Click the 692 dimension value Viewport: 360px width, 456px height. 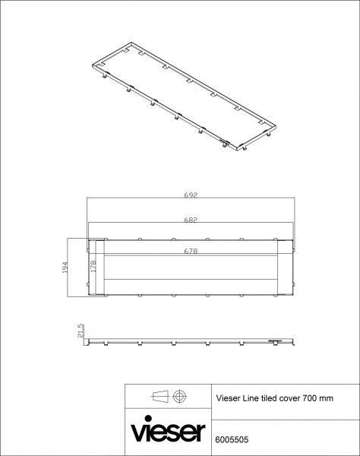[x=191, y=195]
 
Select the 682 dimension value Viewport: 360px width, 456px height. [x=191, y=220]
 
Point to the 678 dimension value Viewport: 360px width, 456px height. [x=191, y=252]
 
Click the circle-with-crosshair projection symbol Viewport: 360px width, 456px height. [x=179, y=396]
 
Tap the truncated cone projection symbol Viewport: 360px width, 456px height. [x=160, y=396]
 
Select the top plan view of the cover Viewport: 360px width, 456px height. [x=190, y=268]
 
